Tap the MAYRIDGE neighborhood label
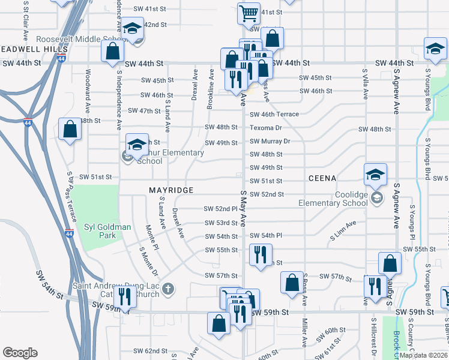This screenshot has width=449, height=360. (x=171, y=190)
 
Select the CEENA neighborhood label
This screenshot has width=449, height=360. (x=322, y=178)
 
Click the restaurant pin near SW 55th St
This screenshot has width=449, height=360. (x=261, y=254)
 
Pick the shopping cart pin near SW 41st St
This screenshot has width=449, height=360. (x=249, y=13)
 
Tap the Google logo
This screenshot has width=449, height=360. (x=20, y=353)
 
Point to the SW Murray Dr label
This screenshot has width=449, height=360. (x=270, y=142)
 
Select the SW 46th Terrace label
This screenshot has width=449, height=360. (x=274, y=114)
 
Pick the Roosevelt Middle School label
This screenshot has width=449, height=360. (x=79, y=39)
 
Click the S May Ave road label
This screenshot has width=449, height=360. (x=244, y=204)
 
